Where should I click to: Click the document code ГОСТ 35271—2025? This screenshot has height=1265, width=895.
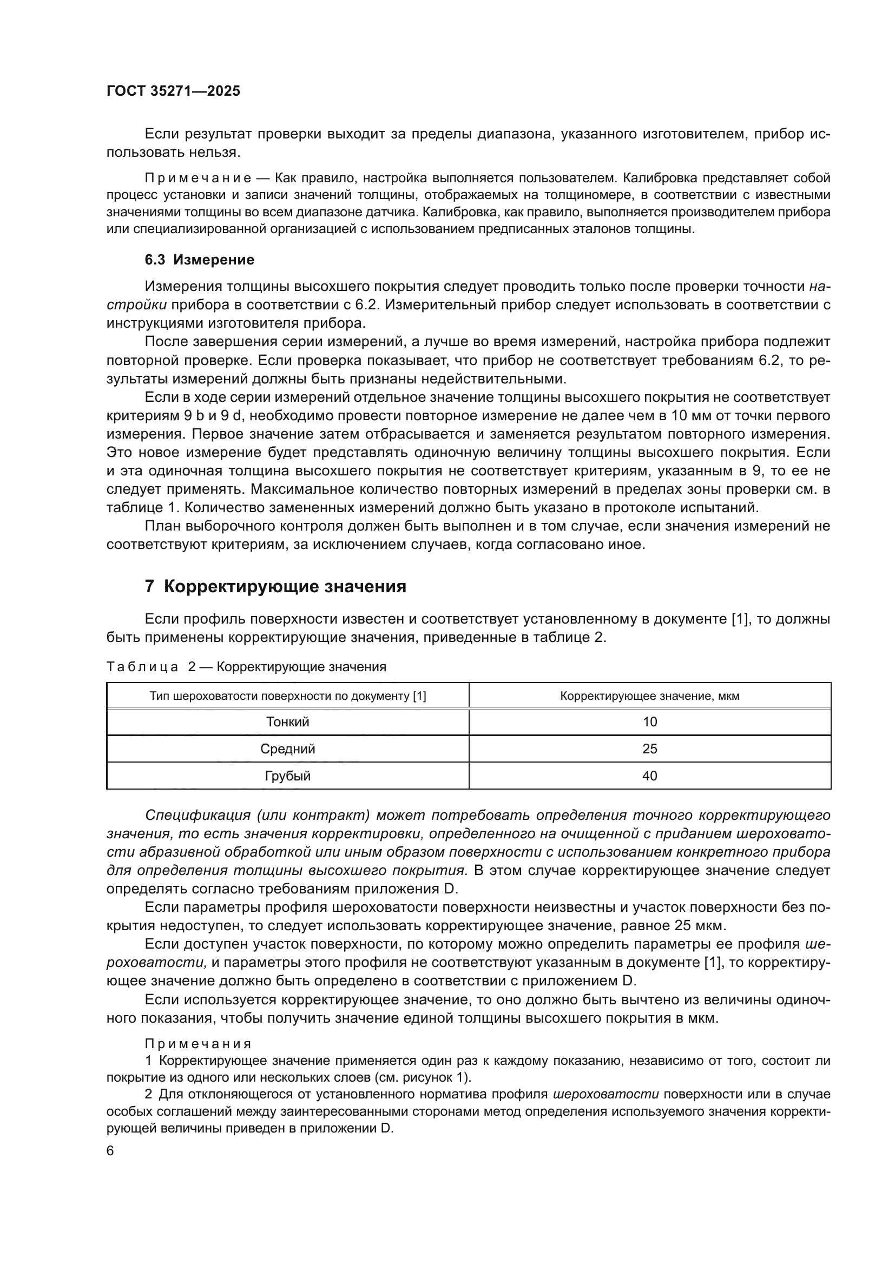click(173, 91)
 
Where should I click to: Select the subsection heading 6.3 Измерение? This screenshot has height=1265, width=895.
click(199, 260)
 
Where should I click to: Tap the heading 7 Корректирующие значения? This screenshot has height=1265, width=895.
click(275, 586)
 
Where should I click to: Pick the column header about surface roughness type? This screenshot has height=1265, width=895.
click(288, 696)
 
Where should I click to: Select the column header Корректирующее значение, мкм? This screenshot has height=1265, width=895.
click(650, 696)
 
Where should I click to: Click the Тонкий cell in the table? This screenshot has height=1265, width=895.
click(288, 722)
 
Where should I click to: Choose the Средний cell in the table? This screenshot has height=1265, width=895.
click(288, 749)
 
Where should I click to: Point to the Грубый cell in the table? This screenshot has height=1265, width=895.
click(288, 776)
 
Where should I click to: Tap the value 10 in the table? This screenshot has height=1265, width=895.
click(650, 722)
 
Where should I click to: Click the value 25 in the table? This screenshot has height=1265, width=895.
click(650, 749)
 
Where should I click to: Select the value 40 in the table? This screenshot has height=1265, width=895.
click(650, 776)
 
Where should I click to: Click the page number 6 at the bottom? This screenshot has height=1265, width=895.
click(110, 1151)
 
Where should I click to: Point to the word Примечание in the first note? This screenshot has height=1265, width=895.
click(198, 178)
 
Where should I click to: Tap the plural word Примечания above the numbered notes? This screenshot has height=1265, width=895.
click(198, 1044)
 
